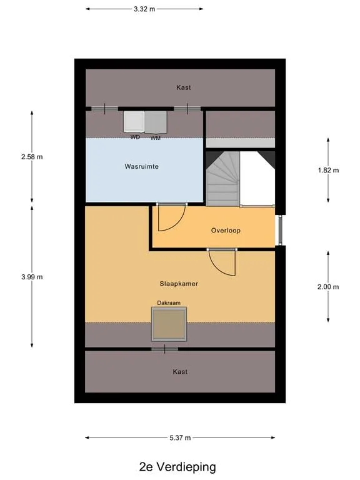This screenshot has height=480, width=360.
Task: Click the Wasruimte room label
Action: coord(141,166)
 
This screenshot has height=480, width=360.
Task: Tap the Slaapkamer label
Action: coord(179,284)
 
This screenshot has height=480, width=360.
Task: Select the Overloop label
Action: coord(226,231)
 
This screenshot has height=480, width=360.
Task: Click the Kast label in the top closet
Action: coord(183,87)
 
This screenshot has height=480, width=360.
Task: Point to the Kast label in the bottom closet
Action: coord(180,372)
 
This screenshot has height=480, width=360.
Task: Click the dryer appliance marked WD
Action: coord(134,122)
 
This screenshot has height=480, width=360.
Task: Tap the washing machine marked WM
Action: coord(156,122)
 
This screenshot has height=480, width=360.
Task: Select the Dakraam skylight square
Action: coord(169,324)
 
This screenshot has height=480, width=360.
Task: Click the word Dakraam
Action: coord(169,302)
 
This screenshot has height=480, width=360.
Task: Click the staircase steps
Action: coord(223,179)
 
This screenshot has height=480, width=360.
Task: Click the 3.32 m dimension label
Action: coord(144,9)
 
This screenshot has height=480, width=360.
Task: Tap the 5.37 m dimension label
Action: coord(180,437)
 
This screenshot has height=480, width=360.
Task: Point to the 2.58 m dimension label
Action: coord(32,157)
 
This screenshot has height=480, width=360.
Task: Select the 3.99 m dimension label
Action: coord(32,277)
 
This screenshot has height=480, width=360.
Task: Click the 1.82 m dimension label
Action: coord(328,170)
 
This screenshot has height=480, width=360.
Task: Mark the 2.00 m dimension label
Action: coord(328,287)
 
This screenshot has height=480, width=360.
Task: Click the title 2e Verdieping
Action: coord(177,467)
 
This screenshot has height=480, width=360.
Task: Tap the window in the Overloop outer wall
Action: coord(280,230)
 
